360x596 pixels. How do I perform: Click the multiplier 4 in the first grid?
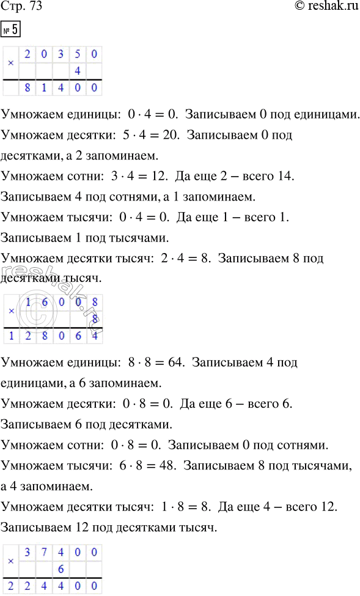(x=78, y=71)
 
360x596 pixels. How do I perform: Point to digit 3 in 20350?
(x=61, y=54)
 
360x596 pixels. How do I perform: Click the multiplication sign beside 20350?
(x=10, y=62)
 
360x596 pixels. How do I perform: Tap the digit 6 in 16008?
(x=44, y=301)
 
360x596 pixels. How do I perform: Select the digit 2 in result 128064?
(x=28, y=336)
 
